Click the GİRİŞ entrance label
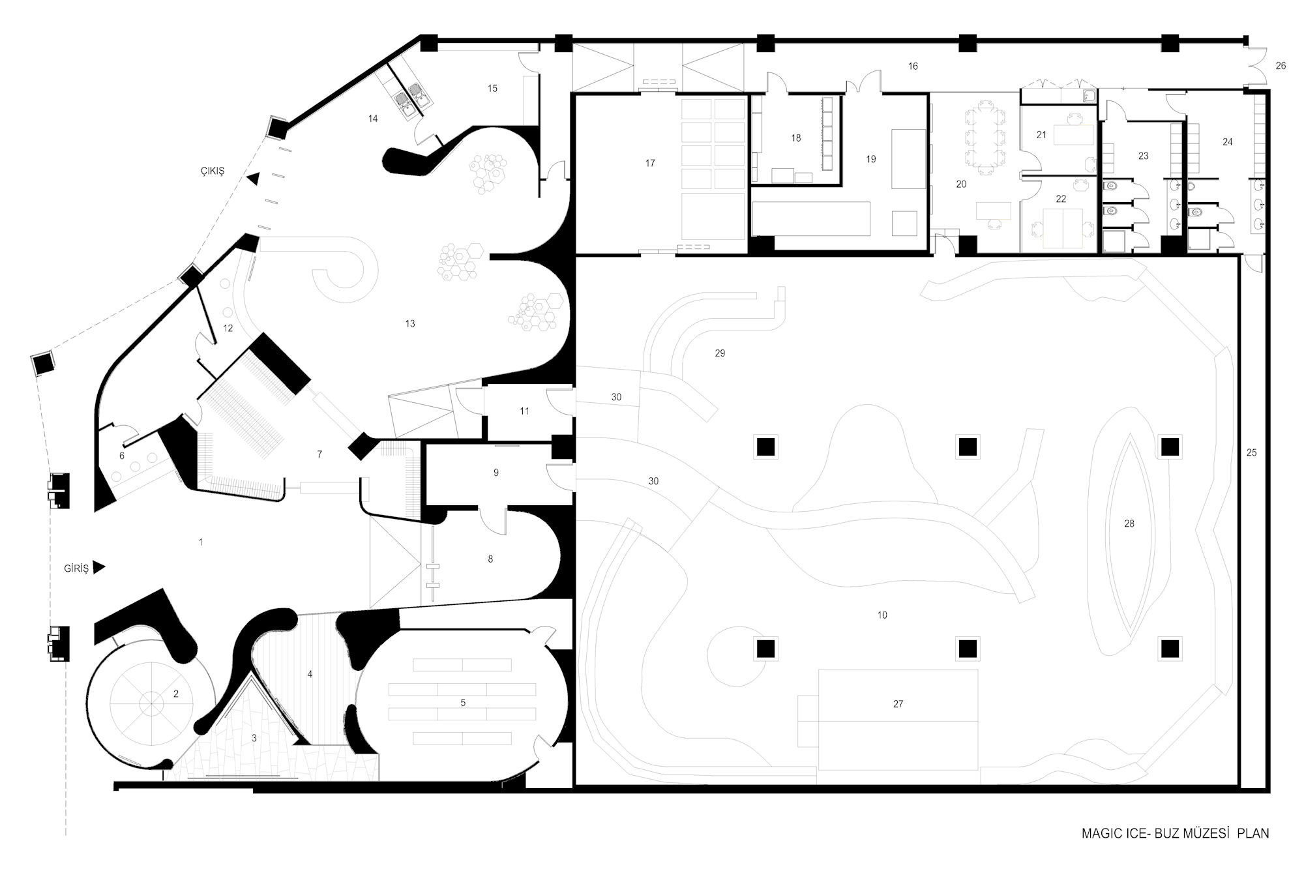(76, 568)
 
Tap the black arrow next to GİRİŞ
(99, 568)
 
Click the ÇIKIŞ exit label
(212, 171)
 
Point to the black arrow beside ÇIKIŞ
(252, 178)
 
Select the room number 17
(650, 164)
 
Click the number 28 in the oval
(1129, 523)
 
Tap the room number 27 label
(898, 704)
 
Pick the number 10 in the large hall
(882, 615)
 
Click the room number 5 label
(463, 703)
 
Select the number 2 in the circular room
(176, 694)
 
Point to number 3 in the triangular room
(254, 738)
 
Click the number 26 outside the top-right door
(1281, 66)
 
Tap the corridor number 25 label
(1251, 452)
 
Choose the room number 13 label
(410, 323)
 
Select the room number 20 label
(961, 184)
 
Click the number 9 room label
(496, 473)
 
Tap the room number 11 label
(524, 411)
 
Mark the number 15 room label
(492, 88)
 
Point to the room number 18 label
(795, 138)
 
